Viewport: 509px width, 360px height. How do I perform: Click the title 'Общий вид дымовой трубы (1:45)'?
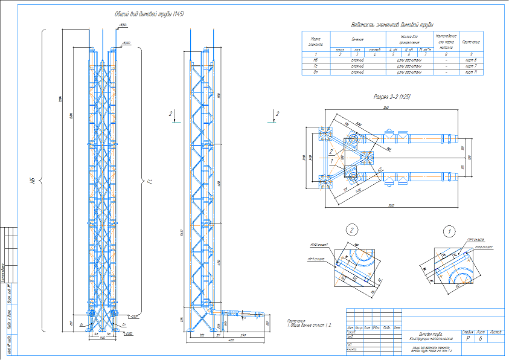point(149,14)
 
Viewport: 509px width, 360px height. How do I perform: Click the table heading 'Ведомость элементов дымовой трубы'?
point(389,25)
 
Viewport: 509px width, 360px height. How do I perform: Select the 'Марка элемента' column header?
point(316,40)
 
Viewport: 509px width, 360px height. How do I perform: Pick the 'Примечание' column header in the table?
point(471,42)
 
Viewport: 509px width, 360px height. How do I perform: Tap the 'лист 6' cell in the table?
point(471,60)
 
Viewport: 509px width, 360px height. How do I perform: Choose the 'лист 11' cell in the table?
point(471,72)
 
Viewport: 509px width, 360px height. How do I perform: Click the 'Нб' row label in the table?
point(316,60)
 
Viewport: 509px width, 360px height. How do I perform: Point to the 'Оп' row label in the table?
point(316,72)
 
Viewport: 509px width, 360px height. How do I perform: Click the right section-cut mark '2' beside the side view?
point(277,114)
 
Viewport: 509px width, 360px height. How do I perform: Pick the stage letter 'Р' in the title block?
point(466,339)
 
